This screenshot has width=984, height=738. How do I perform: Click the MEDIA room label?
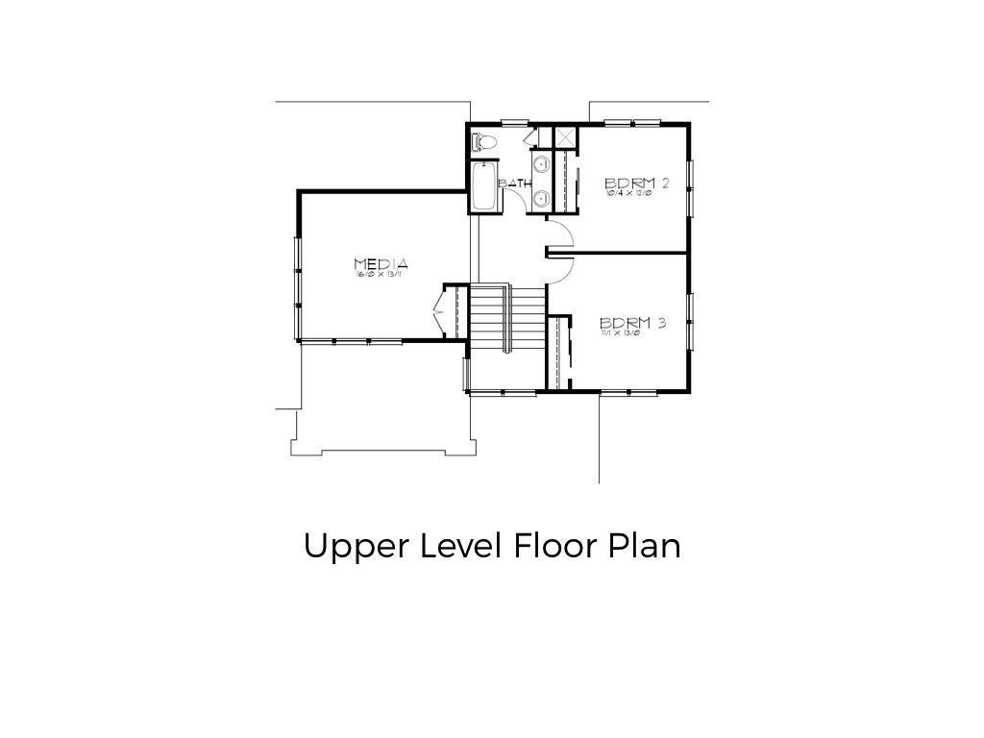point(381,263)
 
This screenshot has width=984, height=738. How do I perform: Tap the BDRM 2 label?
point(636,183)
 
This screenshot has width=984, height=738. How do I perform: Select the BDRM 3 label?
point(632,323)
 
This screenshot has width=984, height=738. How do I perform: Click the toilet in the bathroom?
point(484,142)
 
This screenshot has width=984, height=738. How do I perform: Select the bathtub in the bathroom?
point(484,186)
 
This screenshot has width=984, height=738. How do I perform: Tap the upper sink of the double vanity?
point(541,164)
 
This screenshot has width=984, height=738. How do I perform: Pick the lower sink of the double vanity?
point(541,199)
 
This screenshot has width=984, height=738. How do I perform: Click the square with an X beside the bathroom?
point(565,137)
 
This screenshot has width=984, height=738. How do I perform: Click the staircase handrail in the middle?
point(506,318)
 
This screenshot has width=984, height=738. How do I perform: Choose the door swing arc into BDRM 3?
point(561,272)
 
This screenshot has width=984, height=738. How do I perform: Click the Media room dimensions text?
point(381,275)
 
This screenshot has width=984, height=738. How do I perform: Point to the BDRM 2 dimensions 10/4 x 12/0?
point(628,192)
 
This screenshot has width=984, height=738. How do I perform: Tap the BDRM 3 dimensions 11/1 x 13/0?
point(620,332)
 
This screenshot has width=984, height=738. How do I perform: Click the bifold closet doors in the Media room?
point(439,311)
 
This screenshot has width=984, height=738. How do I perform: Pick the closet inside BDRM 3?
point(558,351)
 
